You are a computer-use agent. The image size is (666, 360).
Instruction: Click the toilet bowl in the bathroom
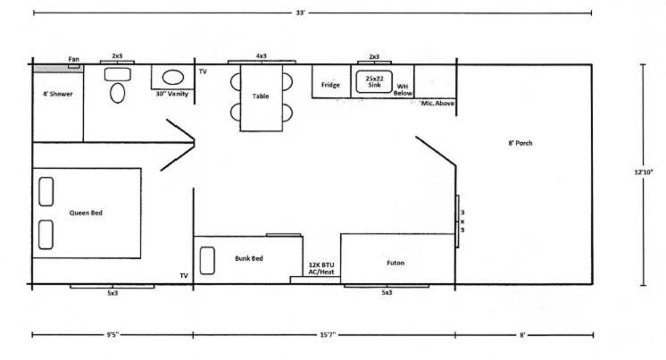117,93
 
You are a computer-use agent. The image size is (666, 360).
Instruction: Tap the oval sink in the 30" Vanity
173,78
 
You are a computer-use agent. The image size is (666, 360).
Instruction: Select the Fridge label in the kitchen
330,85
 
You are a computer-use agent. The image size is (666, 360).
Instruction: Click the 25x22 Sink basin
374,82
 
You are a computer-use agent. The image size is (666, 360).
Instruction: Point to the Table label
261,96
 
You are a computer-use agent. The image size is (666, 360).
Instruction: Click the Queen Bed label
86,213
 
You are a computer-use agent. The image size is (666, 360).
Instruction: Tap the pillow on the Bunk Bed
207,261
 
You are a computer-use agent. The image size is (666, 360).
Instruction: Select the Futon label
395,263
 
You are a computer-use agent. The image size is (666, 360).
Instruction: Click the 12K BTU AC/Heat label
321,268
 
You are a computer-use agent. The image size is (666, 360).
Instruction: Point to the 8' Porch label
520,143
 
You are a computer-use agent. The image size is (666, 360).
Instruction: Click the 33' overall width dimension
300,13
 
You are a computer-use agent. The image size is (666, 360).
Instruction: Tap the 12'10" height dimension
644,172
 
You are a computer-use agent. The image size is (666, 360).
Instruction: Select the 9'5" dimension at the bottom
112,334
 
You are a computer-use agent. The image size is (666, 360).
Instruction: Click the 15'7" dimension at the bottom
328,334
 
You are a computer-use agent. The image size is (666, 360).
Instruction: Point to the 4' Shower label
58,94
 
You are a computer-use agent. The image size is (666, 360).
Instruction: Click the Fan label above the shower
73,59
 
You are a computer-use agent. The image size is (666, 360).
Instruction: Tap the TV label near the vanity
203,71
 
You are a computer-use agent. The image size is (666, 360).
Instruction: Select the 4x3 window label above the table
262,55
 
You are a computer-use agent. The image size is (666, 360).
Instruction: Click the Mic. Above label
437,104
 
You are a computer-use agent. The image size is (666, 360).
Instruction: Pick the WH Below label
403,89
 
